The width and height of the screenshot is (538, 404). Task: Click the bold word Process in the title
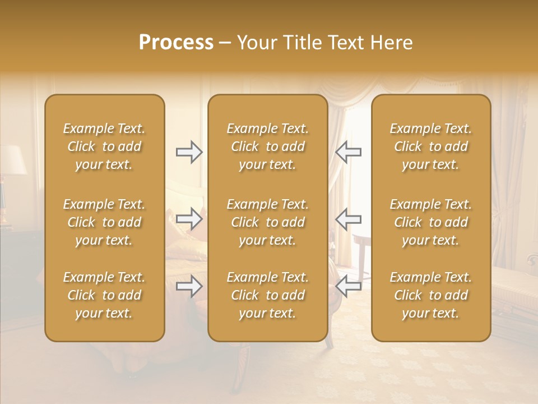point(176,43)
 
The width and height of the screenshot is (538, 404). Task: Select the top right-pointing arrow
point(189,152)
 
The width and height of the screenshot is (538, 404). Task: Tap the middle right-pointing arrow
point(189,219)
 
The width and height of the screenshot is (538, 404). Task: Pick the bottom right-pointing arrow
point(189,287)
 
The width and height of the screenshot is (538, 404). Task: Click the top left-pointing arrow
point(348,152)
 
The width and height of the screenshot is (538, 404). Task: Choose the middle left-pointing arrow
point(348,219)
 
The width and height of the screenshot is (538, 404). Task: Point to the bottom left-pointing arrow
point(348,287)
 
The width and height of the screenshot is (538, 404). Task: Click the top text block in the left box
point(104,146)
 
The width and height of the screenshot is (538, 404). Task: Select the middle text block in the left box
point(104,222)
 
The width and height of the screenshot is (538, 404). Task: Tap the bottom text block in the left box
point(104,295)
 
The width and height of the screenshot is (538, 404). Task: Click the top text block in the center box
point(267,146)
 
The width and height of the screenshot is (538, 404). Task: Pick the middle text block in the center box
point(267,222)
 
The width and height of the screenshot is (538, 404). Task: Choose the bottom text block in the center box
point(267,295)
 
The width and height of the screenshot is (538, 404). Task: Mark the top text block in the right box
point(430,146)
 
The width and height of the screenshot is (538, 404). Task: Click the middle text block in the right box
point(430,222)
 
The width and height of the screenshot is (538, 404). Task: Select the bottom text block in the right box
point(430,295)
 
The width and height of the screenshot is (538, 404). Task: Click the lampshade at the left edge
point(12,160)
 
